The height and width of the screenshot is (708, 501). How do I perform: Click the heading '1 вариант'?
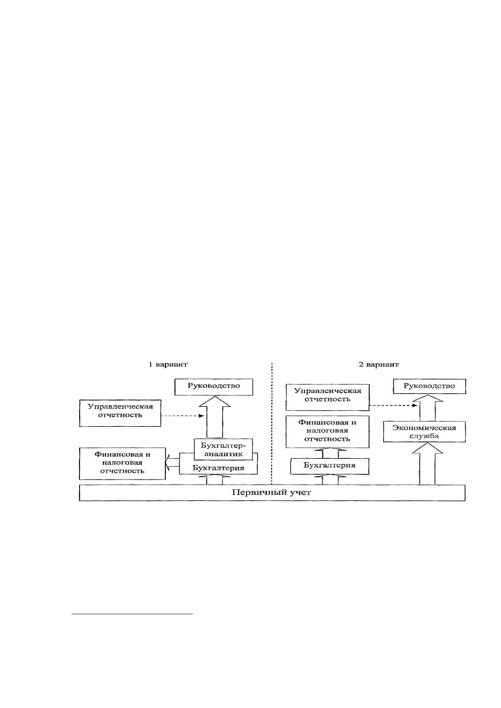click(x=168, y=364)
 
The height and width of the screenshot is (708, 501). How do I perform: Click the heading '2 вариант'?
click(x=379, y=364)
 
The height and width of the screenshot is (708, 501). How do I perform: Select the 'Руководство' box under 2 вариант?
click(x=429, y=386)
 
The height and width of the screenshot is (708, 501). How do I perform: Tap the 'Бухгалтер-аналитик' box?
click(x=223, y=449)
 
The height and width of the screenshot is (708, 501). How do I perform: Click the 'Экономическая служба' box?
click(x=424, y=432)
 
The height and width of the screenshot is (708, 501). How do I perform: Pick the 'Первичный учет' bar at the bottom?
click(x=272, y=493)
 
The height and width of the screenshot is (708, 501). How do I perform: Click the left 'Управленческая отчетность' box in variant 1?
click(x=120, y=413)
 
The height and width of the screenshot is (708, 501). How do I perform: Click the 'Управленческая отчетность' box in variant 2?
click(x=327, y=397)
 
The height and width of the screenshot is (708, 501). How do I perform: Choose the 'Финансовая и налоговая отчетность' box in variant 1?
click(x=122, y=463)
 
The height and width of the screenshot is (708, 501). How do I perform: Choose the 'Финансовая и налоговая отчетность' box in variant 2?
click(x=327, y=432)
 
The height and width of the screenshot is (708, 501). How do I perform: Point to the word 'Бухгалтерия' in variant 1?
click(x=218, y=468)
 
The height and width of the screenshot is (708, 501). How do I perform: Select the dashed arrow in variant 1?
click(x=182, y=416)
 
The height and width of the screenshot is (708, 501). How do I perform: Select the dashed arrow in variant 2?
click(x=393, y=405)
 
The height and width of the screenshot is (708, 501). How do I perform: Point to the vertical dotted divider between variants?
click(x=271, y=424)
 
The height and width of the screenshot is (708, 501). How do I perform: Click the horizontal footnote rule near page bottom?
click(x=132, y=614)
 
